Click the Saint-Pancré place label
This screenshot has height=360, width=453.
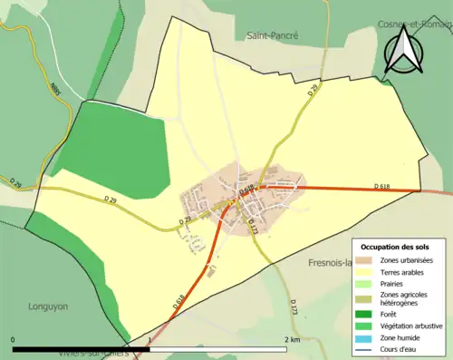[273, 35]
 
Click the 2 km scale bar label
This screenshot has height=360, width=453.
[291, 340]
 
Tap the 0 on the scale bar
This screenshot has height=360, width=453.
[14, 340]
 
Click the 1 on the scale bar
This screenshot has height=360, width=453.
[149, 340]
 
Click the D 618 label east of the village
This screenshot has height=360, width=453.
[381, 186]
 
